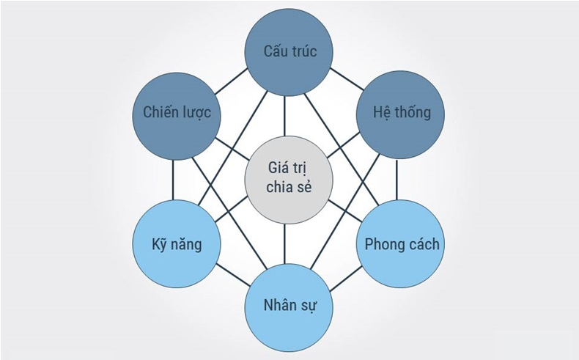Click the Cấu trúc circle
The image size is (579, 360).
289,52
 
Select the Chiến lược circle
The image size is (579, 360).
177,116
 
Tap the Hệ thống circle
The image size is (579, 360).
401,115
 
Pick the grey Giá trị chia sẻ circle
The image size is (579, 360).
289,180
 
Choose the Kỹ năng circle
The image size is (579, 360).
177,243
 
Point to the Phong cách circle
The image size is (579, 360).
401,243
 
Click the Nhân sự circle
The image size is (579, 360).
289,307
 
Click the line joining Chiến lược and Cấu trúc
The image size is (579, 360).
232,81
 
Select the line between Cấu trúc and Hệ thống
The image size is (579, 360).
347,79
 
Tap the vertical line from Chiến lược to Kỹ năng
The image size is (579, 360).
173,180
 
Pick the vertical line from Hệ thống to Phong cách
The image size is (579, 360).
397,180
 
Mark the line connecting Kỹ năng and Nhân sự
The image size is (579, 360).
233,275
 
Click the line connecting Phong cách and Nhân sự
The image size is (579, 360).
346,279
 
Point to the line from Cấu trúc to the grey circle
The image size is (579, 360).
284,116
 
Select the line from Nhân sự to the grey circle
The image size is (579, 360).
284,243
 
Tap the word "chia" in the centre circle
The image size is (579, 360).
278,187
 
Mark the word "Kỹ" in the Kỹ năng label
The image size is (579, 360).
158,245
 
